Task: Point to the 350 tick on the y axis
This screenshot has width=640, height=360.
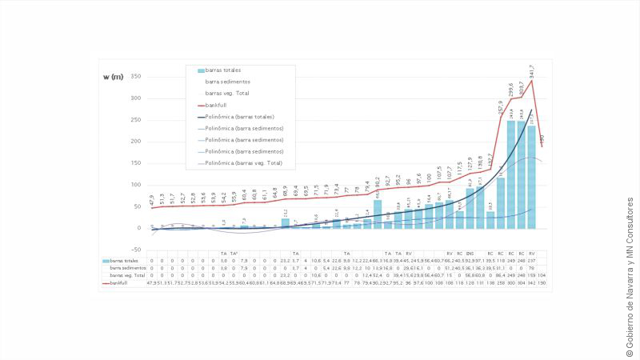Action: click(135, 77)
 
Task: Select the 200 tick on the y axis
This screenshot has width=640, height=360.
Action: click(135, 142)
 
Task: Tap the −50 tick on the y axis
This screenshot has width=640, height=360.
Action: click(135, 250)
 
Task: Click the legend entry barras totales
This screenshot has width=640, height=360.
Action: click(223, 70)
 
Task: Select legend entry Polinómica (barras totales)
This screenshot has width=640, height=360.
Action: click(239, 117)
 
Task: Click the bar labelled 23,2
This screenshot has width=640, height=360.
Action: click(285, 223)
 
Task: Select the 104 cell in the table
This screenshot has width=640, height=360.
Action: click(542, 275)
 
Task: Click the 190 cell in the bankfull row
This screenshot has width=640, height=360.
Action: click(542, 282)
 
